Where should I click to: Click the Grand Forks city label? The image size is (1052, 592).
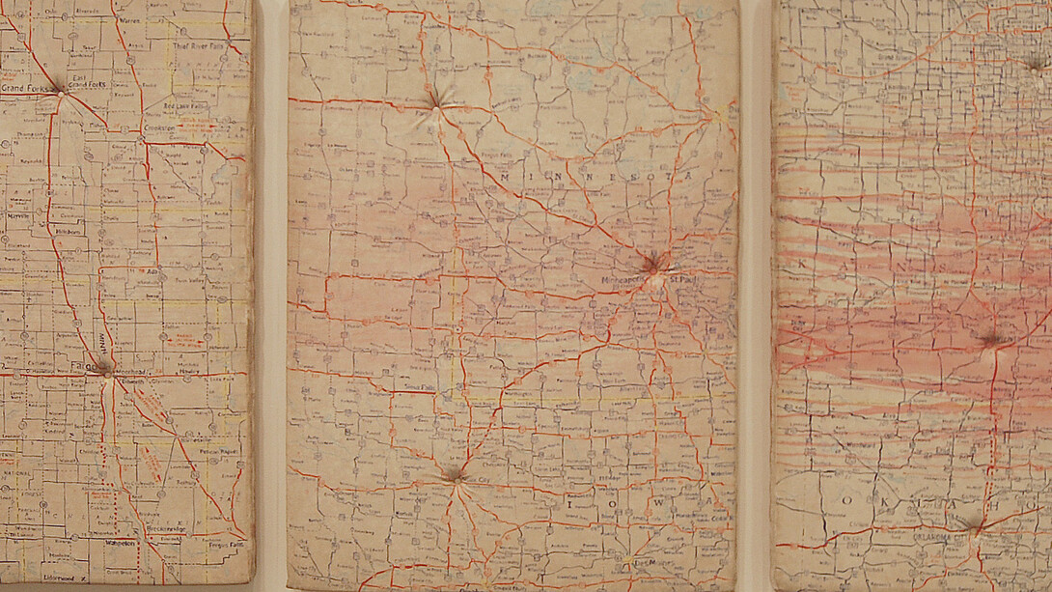(23, 89)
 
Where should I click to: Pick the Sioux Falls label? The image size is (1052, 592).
(421, 384)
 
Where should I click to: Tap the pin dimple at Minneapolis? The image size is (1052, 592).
(653, 262)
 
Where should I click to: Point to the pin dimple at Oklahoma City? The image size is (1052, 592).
(977, 525)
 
